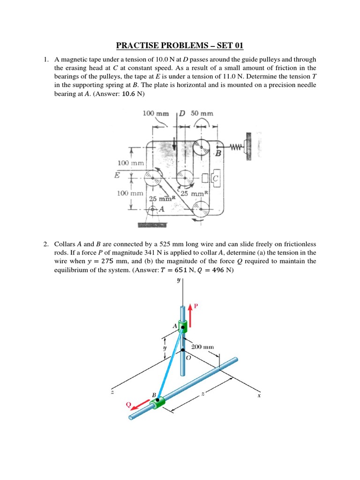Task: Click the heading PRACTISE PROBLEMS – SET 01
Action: pos(180,45)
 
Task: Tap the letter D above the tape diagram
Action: pos(182,113)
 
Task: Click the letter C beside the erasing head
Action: pos(215,179)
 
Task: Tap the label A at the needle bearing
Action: pos(161,210)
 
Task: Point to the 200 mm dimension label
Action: pos(202,347)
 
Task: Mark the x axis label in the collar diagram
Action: pos(258,396)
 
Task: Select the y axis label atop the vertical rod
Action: pos(178,281)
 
